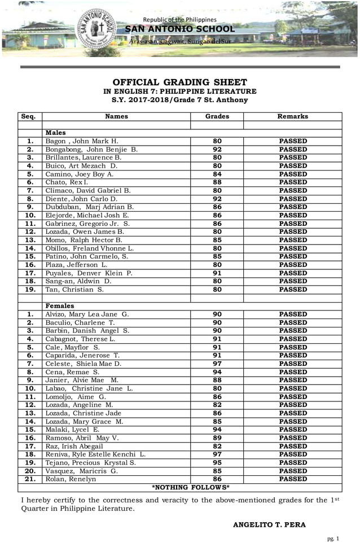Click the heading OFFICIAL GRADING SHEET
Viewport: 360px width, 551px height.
(x=179, y=82)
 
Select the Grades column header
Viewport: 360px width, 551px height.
(x=217, y=116)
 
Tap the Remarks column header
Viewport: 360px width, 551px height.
(x=293, y=116)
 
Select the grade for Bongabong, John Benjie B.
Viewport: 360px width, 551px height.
(x=217, y=150)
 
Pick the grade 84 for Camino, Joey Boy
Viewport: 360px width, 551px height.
(x=217, y=174)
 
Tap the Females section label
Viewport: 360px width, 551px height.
(x=60, y=306)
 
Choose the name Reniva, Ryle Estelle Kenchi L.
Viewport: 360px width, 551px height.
(x=95, y=454)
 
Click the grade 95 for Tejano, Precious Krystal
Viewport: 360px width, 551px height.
(x=217, y=463)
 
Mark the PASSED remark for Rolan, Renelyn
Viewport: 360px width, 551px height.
(x=293, y=479)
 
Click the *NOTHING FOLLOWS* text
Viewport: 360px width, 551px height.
(x=191, y=487)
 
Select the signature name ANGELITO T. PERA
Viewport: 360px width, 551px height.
(x=269, y=525)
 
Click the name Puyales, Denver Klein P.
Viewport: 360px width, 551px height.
(x=89, y=273)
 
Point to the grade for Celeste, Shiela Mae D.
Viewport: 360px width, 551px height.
(x=217, y=364)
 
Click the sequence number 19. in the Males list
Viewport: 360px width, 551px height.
(x=30, y=290)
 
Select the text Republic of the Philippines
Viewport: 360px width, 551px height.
(x=179, y=20)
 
